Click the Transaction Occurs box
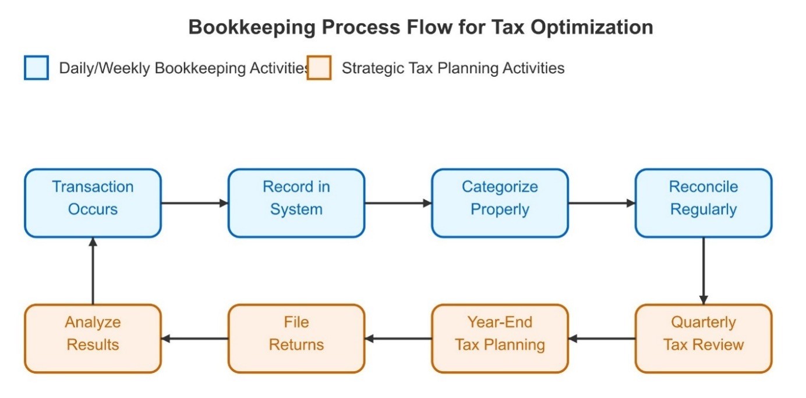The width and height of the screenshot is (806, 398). [93, 203]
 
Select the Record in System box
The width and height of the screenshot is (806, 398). [296, 203]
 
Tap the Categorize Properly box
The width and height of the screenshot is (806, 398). [500, 203]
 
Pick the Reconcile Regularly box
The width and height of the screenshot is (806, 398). [704, 203]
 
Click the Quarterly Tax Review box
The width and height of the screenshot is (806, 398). [704, 339]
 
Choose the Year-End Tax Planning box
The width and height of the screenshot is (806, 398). [500, 339]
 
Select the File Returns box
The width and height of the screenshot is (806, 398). [296, 339]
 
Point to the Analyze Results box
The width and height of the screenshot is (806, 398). [93, 339]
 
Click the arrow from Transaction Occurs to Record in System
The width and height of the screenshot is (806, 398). [195, 203]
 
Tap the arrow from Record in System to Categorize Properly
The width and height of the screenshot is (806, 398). [398, 203]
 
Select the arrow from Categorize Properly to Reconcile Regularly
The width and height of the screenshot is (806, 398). [602, 203]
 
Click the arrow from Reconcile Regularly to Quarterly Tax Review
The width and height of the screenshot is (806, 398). [704, 271]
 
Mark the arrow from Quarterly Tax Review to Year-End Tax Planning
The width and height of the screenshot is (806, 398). [602, 339]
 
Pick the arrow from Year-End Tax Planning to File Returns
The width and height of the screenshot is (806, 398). [398, 339]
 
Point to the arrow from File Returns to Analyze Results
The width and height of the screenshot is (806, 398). [195, 339]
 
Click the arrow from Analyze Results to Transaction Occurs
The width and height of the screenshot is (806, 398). [93, 271]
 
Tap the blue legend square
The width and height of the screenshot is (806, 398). [36, 67]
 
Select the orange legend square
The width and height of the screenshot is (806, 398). [319, 67]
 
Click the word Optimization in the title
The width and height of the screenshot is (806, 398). [592, 27]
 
